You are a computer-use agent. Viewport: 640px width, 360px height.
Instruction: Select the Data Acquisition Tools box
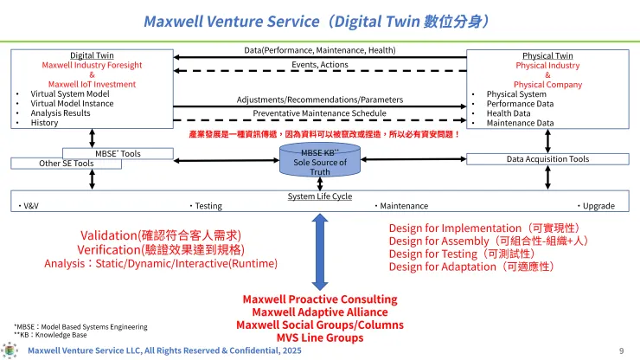547,159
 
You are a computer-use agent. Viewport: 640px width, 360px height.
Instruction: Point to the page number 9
621,350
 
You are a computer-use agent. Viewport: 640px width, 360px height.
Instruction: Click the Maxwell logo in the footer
10,350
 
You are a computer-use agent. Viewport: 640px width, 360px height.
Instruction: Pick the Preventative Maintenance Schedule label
319,112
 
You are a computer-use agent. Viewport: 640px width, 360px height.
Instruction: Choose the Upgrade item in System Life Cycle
598,206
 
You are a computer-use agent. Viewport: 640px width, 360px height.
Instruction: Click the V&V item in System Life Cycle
30,206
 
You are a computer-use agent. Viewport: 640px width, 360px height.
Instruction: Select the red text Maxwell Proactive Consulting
320,299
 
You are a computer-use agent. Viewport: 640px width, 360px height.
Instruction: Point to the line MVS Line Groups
320,337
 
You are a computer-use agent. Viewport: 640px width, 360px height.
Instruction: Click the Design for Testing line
458,254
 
